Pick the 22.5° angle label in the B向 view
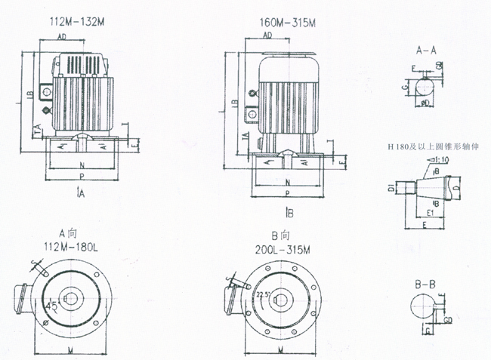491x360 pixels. click(263, 294)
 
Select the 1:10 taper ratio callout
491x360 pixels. click(440, 161)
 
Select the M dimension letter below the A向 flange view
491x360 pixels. click(70, 350)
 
